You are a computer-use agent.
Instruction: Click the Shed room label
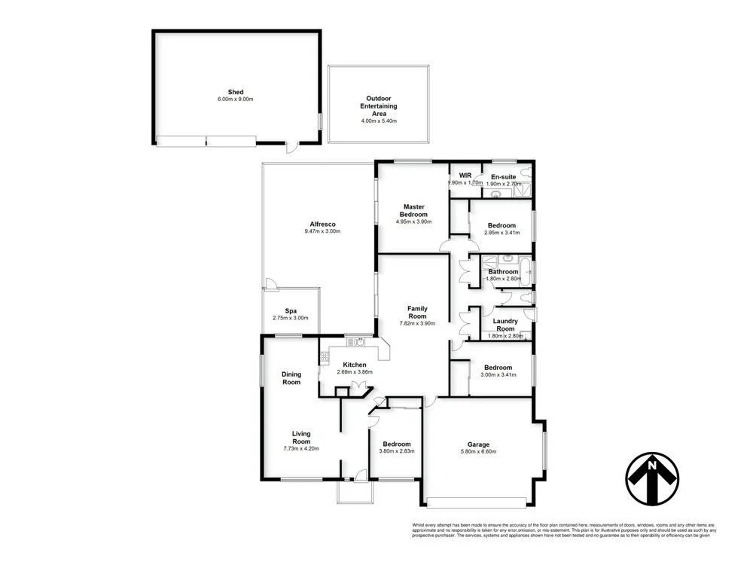pyautogui.click(x=236, y=92)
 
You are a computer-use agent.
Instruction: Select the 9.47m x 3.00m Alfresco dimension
pyautogui.click(x=322, y=231)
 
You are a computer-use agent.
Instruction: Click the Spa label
pyautogui.click(x=291, y=310)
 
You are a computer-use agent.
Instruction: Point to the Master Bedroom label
pyautogui.click(x=413, y=210)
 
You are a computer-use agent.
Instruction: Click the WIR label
pyautogui.click(x=465, y=176)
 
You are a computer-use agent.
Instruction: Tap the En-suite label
pyautogui.click(x=504, y=176)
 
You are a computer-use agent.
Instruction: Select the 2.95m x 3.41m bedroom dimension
pyautogui.click(x=501, y=234)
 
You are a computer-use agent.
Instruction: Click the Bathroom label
pyautogui.click(x=503, y=271)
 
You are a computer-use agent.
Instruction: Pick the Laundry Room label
pyautogui.click(x=505, y=325)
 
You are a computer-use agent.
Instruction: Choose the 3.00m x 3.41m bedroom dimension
pyautogui.click(x=498, y=374)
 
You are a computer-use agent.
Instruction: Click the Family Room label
pyautogui.click(x=417, y=313)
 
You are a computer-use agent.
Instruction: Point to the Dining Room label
pyautogui.click(x=291, y=378)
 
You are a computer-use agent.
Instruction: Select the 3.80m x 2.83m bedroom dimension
pyautogui.click(x=396, y=451)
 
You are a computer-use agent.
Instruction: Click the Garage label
pyautogui.click(x=481, y=444)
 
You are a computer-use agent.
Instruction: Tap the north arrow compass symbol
pyautogui.click(x=652, y=479)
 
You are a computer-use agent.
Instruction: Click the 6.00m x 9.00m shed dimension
pyautogui.click(x=236, y=99)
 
